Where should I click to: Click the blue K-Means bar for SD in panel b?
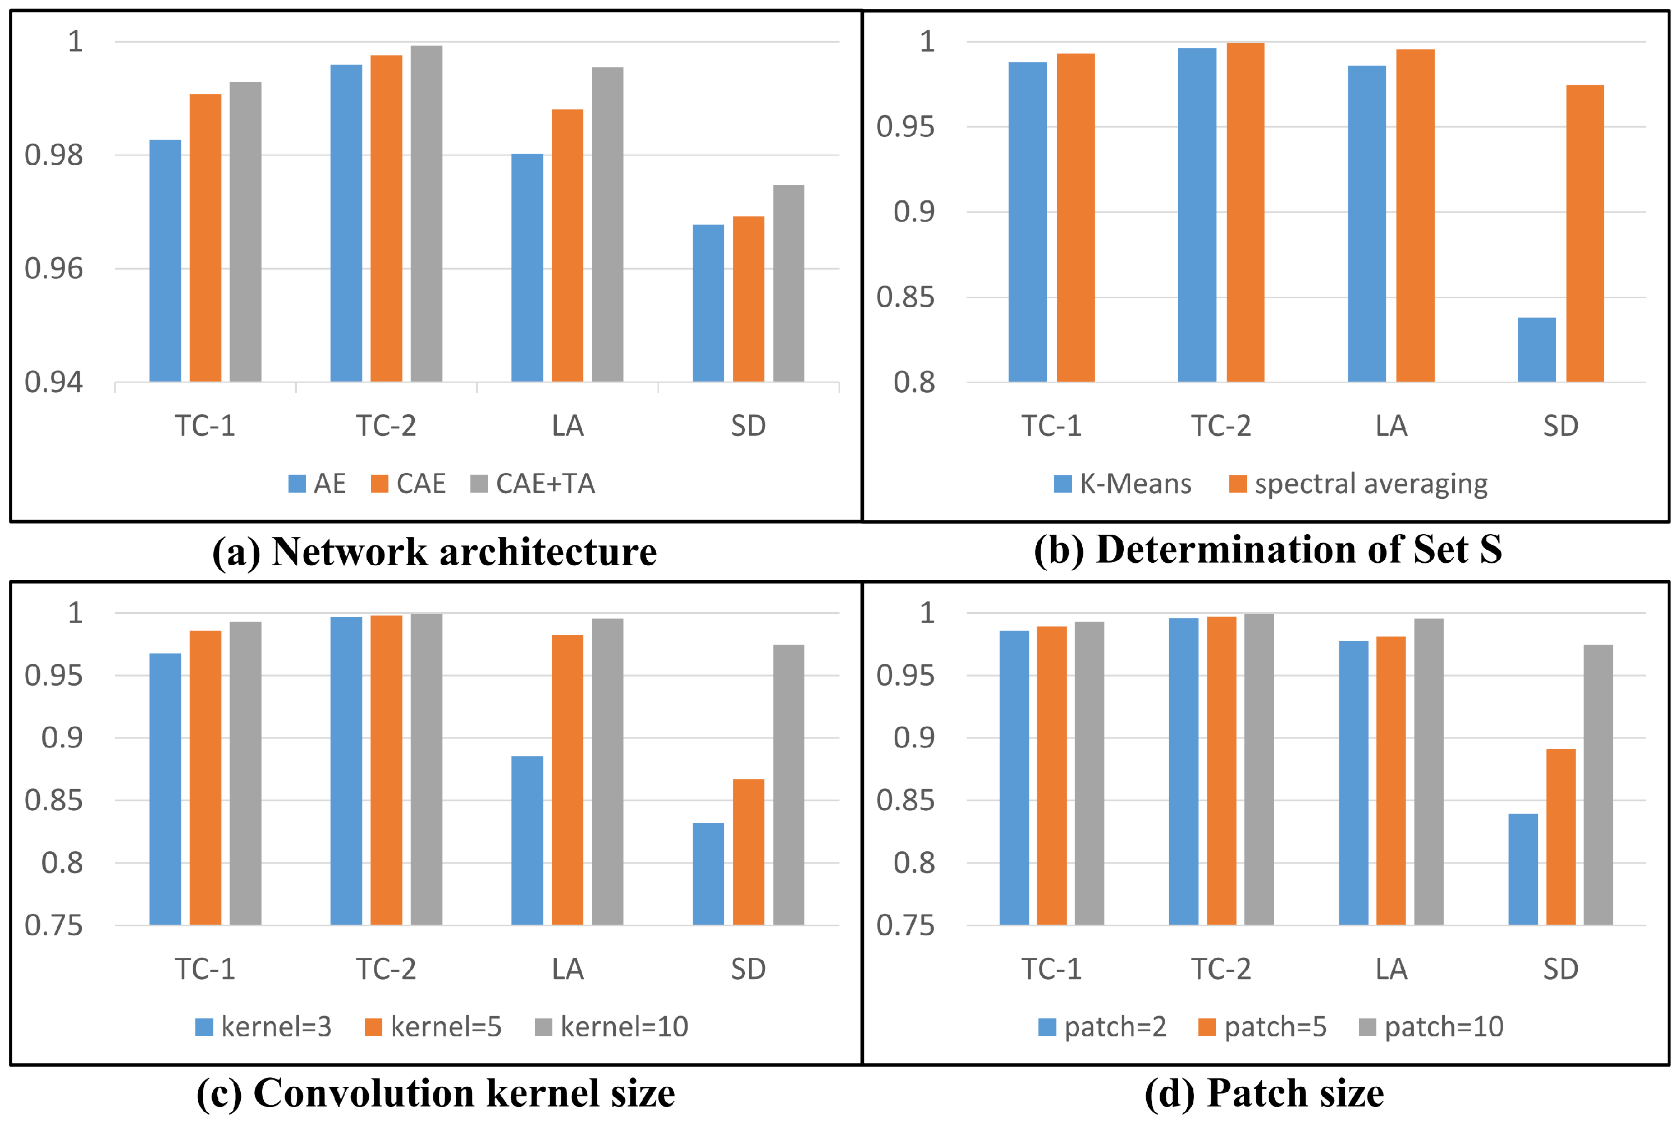click(x=1536, y=350)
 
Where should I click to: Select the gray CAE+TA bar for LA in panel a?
click(x=607, y=224)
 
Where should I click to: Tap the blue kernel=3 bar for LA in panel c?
click(x=527, y=840)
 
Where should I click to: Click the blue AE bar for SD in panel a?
click(x=708, y=303)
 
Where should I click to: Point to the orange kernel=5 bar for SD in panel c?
click(x=748, y=852)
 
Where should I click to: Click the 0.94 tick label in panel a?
click(x=54, y=383)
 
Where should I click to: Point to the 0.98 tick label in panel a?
click(x=54, y=155)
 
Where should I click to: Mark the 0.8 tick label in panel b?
click(x=914, y=383)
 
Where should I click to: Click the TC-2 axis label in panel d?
click(x=1221, y=970)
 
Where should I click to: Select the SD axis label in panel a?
click(x=748, y=426)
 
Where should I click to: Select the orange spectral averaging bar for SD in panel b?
click(x=1585, y=233)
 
